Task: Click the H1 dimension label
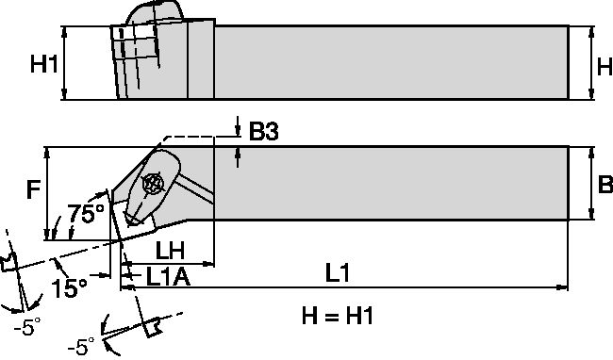[43, 64]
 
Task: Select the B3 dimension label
[263, 133]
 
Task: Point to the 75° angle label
[86, 215]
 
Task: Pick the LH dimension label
[170, 252]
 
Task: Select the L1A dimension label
[170, 277]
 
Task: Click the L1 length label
[339, 273]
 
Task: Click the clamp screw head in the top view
[151, 185]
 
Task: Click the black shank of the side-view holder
[387, 62]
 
